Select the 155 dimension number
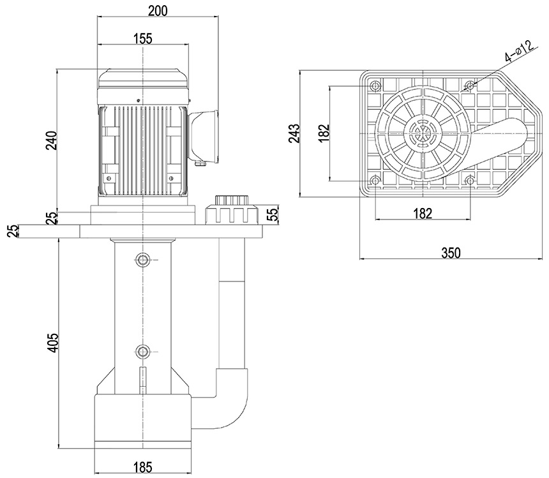click(x=143, y=38)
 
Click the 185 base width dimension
click(x=143, y=467)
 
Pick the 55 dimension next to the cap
click(x=271, y=213)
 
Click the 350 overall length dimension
click(x=450, y=253)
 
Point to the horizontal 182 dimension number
click(x=422, y=213)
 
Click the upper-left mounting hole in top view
click(x=375, y=86)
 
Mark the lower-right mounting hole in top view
click(x=470, y=181)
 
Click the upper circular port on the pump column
click(x=142, y=258)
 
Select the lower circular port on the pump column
click(x=142, y=351)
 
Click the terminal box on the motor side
click(x=203, y=136)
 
